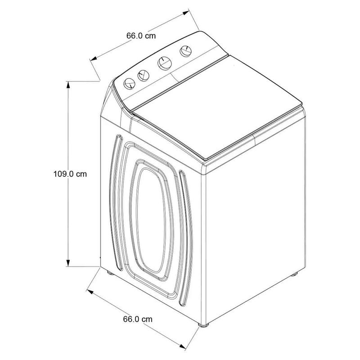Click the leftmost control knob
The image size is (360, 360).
click(x=129, y=84)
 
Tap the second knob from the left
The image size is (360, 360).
click(x=143, y=76)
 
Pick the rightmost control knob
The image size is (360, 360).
click(x=186, y=51)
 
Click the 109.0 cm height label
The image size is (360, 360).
click(x=70, y=174)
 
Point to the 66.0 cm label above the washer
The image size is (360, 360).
click(x=141, y=36)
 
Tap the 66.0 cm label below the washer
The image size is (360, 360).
click(x=138, y=319)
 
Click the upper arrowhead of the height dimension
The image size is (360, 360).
click(x=68, y=85)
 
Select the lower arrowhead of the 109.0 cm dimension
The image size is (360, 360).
click(x=68, y=263)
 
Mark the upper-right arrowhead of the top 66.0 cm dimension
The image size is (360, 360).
click(x=186, y=13)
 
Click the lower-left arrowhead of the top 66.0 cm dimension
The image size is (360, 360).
click(x=94, y=58)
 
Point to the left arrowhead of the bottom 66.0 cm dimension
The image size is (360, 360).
click(x=90, y=292)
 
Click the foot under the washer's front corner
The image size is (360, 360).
click(x=203, y=325)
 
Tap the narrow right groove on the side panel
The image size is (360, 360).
click(x=186, y=238)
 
